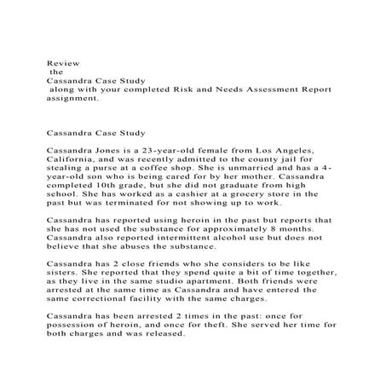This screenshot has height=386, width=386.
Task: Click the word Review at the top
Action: [59, 62]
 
